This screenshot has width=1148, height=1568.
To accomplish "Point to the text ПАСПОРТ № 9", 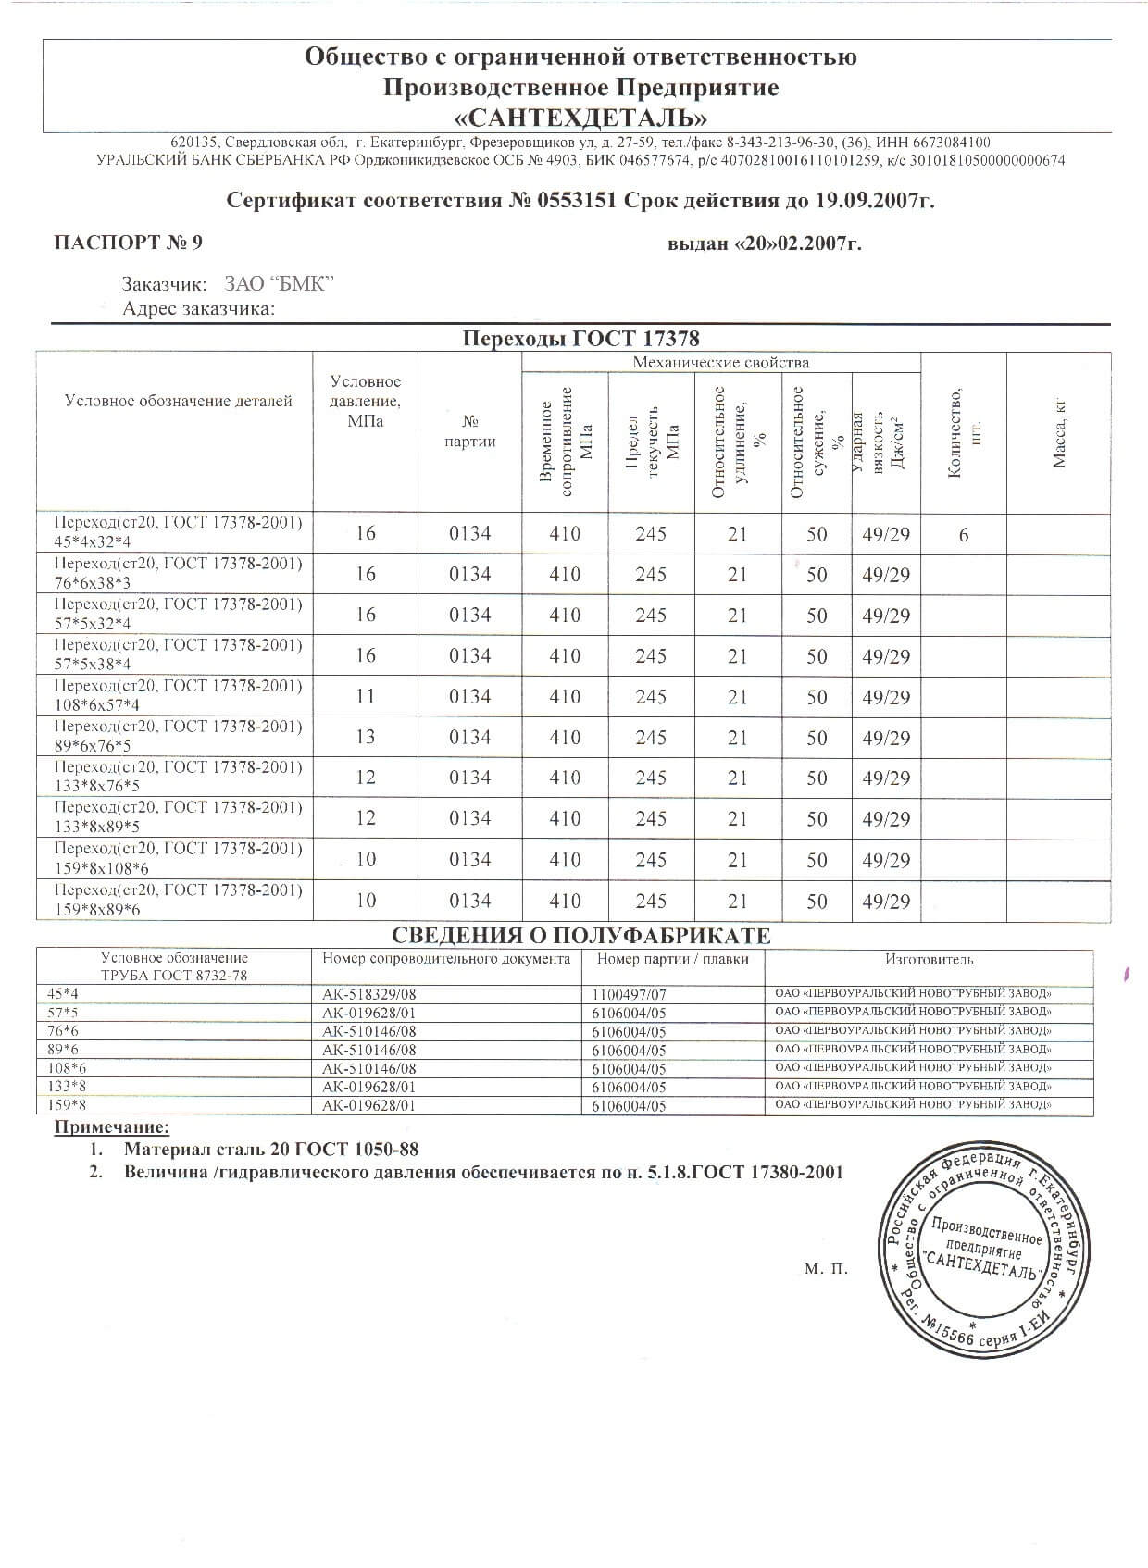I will coord(128,243).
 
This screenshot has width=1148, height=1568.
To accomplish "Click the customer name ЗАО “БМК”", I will coord(279,284).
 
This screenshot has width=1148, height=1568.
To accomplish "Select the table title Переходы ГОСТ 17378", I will coord(580,339).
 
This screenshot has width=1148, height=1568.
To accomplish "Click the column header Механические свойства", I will coord(720,362).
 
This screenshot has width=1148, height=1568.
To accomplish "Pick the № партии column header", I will coord(469,431).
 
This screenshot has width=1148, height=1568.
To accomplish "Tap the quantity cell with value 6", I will coord(964,535).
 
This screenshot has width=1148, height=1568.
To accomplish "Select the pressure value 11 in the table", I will coord(366,696).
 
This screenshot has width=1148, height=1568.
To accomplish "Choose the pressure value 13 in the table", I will coord(366,737).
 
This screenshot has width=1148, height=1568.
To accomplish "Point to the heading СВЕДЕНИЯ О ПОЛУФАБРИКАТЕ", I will coord(580,936).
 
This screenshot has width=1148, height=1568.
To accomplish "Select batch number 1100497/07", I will coord(629,994).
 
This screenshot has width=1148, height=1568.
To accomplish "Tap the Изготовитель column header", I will coord(929,960).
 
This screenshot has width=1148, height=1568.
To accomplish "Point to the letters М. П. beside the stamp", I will coord(826,1269).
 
